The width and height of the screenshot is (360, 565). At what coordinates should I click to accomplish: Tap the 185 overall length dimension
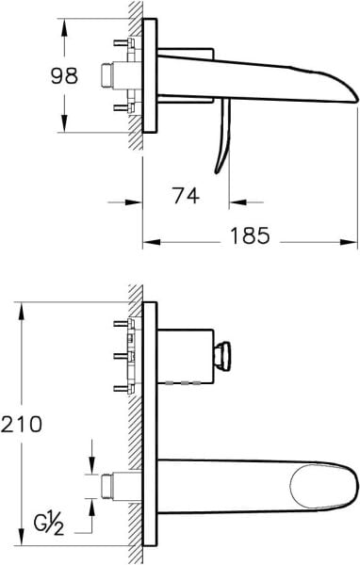(x=250, y=236)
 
